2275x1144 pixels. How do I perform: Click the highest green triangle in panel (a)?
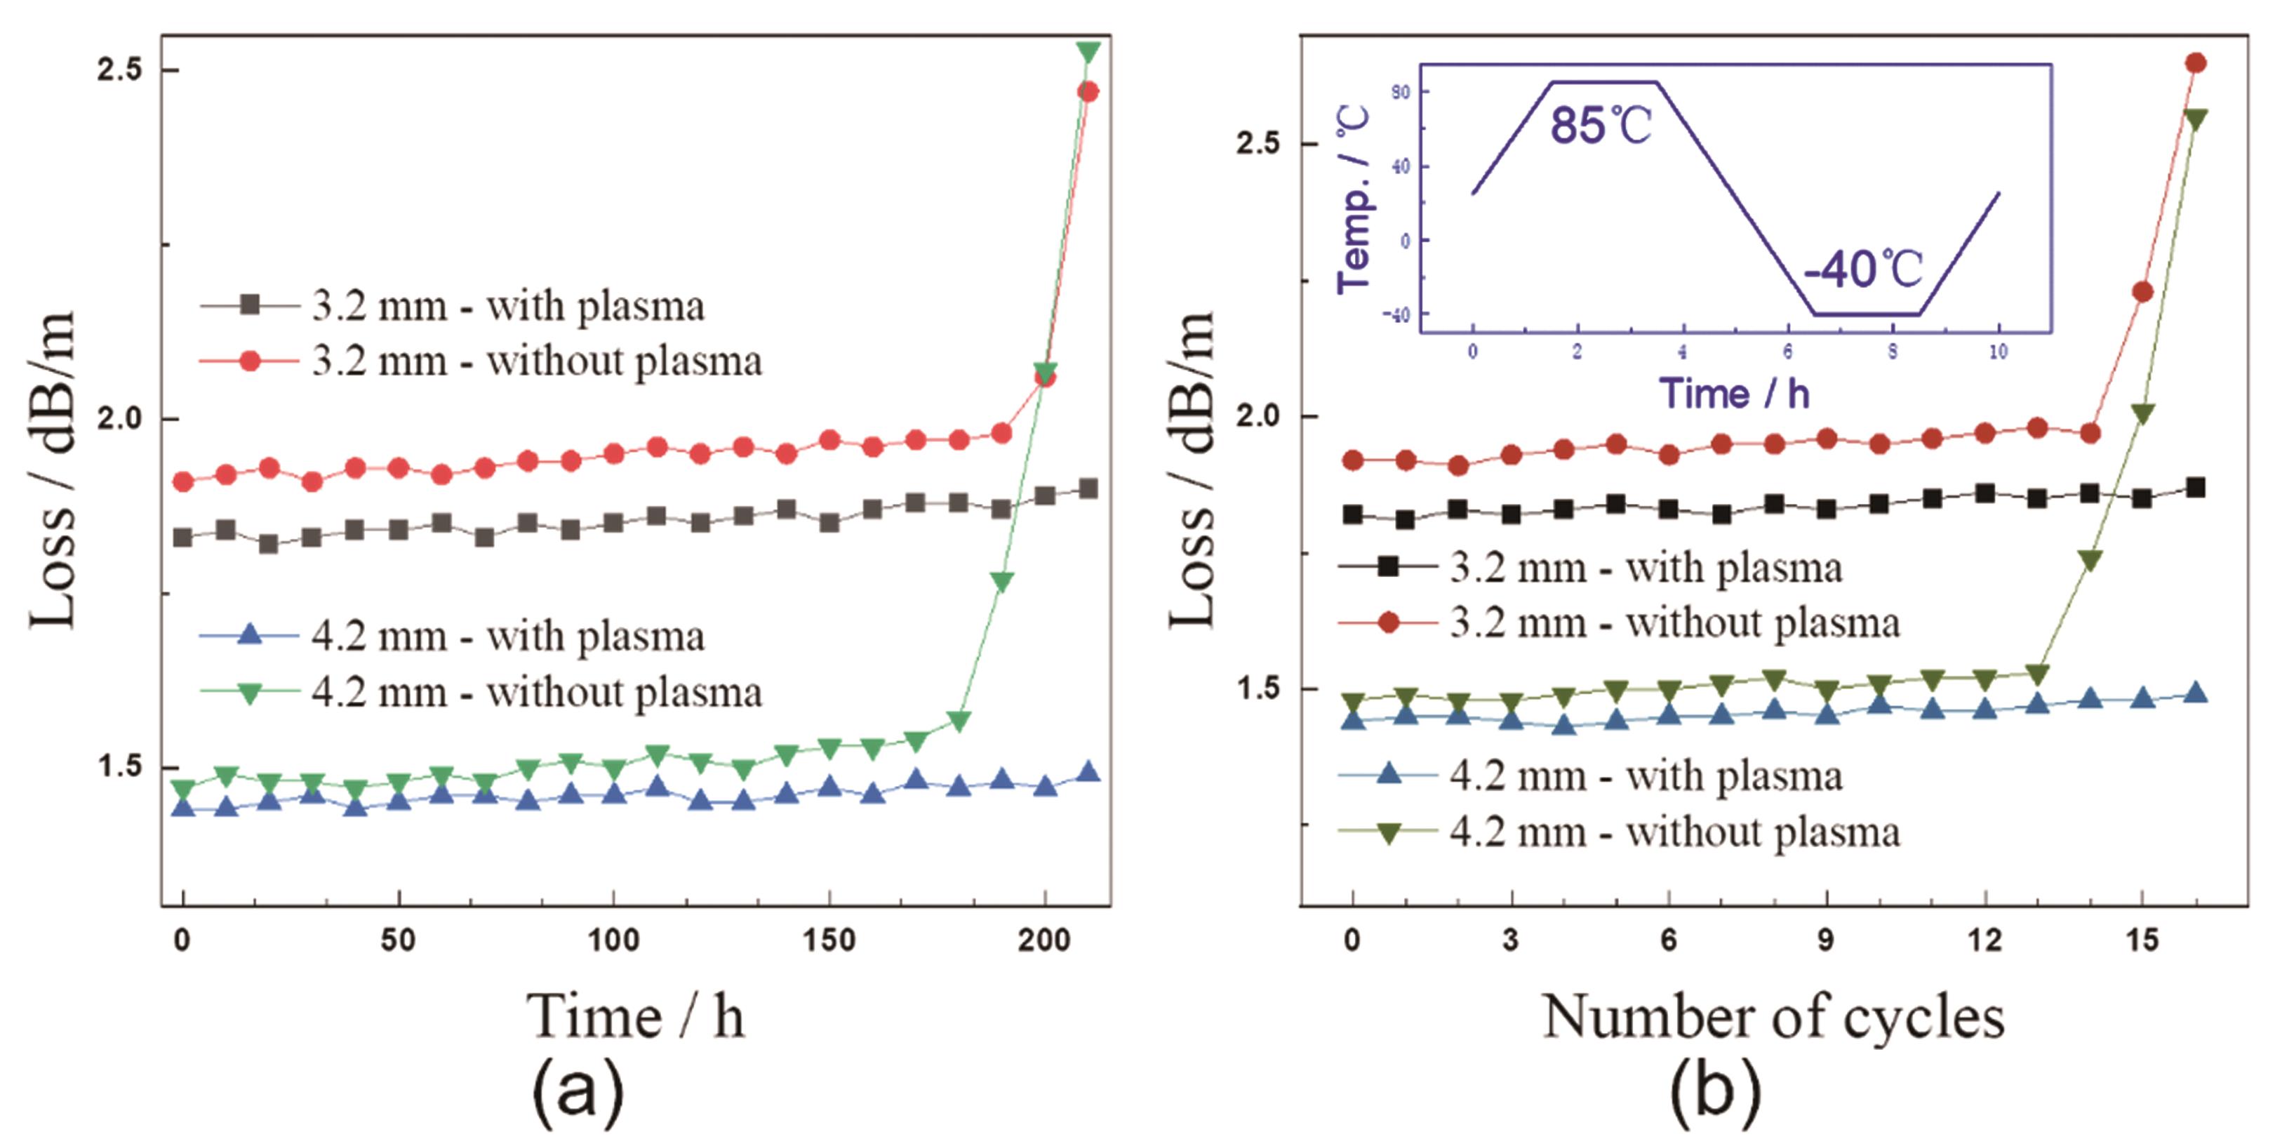click(x=1088, y=52)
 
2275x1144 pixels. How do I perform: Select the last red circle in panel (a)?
click(x=1088, y=92)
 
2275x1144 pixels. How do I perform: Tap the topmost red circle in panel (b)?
click(x=2196, y=62)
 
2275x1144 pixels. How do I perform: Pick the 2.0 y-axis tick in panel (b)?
click(x=1257, y=416)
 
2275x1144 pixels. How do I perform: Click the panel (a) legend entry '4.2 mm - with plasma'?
click(x=508, y=636)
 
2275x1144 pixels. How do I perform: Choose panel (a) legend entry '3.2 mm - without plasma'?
click(x=536, y=361)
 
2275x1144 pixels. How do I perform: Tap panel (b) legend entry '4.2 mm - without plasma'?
click(x=1674, y=832)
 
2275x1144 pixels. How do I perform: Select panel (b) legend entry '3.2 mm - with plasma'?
click(x=1646, y=567)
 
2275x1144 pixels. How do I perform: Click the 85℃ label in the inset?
click(x=1600, y=126)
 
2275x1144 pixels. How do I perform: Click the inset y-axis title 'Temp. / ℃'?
click(x=1353, y=199)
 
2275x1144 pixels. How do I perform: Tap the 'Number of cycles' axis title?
click(x=1773, y=1018)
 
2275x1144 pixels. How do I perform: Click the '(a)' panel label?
click(x=578, y=1093)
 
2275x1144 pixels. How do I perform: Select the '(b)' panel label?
click(x=1715, y=1093)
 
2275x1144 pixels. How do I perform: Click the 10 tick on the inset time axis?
click(x=1998, y=352)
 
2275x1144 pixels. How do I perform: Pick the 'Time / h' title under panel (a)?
click(x=636, y=1018)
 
